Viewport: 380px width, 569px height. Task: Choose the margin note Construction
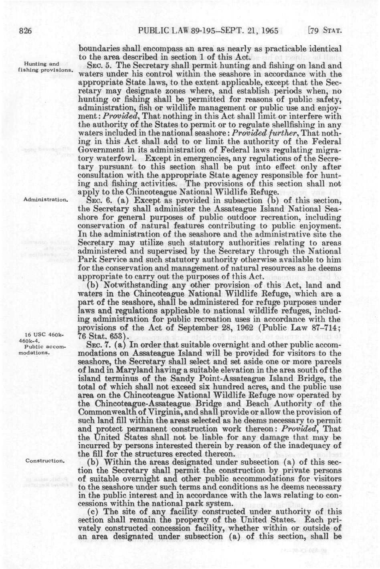point(45,460)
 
